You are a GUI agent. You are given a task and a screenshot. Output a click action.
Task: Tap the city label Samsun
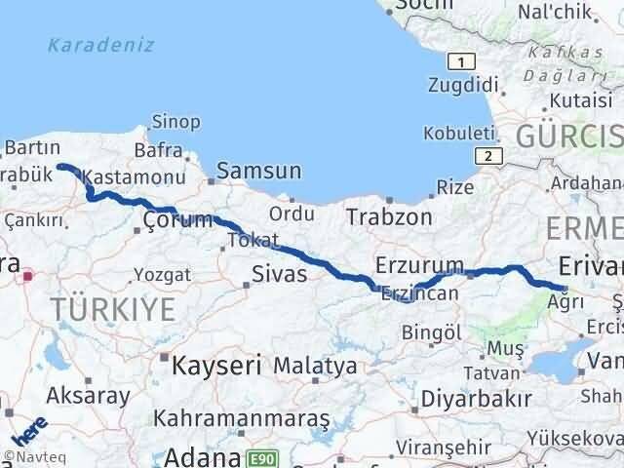click(x=259, y=171)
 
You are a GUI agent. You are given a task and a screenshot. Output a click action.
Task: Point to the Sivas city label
click(x=280, y=274)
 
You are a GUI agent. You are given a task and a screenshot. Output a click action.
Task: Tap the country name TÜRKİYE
click(x=115, y=311)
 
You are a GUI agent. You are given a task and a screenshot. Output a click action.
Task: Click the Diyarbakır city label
click(x=477, y=398)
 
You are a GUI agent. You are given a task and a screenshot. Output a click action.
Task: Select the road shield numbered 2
click(x=487, y=156)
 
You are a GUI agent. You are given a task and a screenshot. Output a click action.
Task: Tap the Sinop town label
click(x=175, y=122)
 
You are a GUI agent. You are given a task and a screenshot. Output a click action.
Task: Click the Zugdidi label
click(x=457, y=85)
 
